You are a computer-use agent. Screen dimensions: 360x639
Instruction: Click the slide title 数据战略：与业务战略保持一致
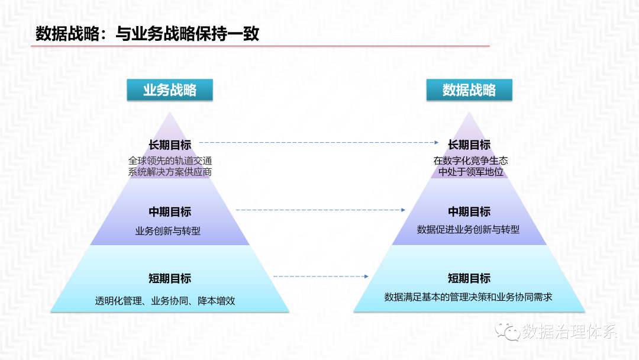[x=147, y=34]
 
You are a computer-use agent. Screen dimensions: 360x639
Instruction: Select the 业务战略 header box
[x=170, y=90]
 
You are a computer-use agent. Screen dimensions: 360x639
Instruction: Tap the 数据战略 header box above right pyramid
[x=469, y=90]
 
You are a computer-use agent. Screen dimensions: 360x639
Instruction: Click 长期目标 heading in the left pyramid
[x=170, y=144]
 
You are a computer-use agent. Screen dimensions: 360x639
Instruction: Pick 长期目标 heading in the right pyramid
[x=469, y=144]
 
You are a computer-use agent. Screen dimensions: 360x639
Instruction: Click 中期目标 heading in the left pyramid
[x=170, y=212]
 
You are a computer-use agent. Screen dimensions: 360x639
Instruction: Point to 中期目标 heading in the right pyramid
[x=469, y=212]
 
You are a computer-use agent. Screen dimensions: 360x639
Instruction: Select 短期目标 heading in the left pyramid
[x=170, y=279]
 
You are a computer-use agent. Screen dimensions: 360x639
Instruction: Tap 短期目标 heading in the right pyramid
[x=469, y=279]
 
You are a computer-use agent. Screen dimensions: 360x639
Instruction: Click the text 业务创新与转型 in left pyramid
[x=168, y=231]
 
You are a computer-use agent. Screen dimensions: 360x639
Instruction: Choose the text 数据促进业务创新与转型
[x=468, y=230]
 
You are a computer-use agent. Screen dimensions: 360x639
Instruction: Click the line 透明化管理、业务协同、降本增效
[x=165, y=301]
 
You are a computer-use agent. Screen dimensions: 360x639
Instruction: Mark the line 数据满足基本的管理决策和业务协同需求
[x=468, y=297]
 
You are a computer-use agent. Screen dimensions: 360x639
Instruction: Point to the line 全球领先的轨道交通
[x=170, y=160]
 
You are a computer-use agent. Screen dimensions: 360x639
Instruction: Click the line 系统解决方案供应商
[x=170, y=172]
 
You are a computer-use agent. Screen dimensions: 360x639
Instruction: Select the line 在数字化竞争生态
[x=470, y=160]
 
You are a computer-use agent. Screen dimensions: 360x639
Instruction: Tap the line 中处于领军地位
[x=470, y=172]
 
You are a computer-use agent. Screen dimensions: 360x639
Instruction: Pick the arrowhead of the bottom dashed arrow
[x=366, y=277]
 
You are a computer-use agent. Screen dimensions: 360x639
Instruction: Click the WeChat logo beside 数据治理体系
[x=508, y=330]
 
